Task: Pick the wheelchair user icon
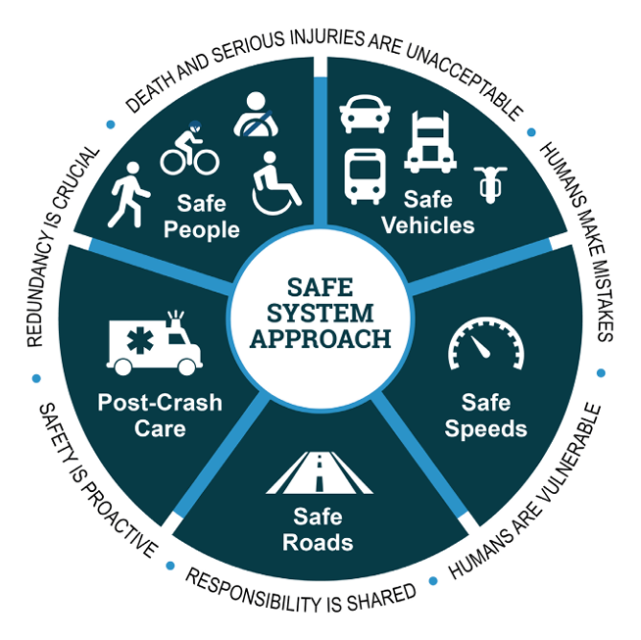tap(277, 183)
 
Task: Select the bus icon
tap(365, 175)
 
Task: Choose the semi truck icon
tap(429, 141)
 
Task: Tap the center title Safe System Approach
tap(320, 313)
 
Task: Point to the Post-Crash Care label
tap(160, 416)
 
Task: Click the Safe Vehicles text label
tap(427, 213)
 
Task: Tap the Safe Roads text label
tap(320, 529)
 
